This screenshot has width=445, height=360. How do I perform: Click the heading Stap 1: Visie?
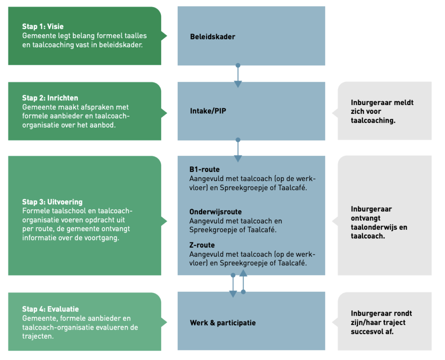[43, 26]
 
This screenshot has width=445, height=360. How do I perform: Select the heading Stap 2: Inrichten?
[50, 98]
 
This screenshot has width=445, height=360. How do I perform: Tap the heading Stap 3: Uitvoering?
[52, 202]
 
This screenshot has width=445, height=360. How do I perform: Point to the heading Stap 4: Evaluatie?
[50, 309]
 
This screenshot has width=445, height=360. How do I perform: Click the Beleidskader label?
[213, 36]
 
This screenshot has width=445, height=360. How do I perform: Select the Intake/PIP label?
[208, 111]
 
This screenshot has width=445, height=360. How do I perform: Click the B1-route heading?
[204, 169]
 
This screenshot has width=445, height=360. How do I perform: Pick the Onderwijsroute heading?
[215, 212]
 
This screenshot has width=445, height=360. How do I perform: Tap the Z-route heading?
[202, 245]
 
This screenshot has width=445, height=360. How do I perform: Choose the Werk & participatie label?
[222, 323]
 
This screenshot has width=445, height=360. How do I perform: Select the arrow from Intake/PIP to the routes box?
[238, 150]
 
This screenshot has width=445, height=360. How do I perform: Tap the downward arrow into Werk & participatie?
[233, 286]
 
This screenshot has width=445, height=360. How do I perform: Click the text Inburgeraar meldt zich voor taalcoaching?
[382, 112]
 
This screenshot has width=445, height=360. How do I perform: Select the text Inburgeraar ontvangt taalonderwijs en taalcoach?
[379, 222]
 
